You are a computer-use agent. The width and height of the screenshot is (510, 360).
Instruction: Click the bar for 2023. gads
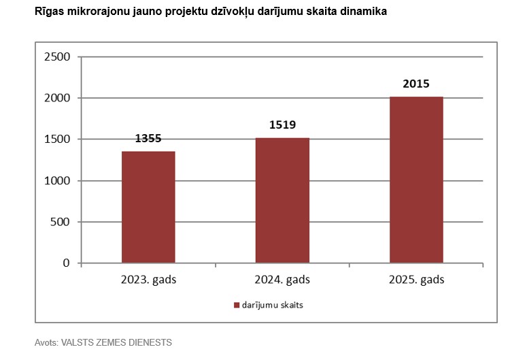(148, 207)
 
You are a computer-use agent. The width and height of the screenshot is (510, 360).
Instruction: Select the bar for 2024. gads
(282, 200)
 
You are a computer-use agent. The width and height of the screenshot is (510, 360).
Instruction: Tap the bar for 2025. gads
(416, 180)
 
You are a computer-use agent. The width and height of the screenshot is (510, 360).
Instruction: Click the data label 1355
(148, 138)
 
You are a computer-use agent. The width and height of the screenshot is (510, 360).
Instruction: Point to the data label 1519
(282, 125)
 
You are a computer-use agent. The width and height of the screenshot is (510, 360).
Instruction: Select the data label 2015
(416, 84)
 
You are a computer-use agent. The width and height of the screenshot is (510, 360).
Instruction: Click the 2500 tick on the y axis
(57, 56)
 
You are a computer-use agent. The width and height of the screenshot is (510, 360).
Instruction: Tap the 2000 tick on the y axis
(57, 98)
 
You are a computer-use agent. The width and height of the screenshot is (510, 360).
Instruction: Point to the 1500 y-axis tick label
(57, 140)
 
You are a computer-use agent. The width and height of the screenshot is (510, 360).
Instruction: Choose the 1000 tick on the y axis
(57, 180)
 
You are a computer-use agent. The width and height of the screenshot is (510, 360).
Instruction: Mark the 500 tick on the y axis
(61, 222)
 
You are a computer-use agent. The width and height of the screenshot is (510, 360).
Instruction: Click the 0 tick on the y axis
(67, 263)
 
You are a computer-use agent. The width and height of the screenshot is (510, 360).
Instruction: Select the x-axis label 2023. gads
(148, 280)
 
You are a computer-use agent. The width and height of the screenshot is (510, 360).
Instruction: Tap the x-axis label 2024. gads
(282, 280)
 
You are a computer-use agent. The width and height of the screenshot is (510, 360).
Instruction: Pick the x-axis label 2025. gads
(416, 280)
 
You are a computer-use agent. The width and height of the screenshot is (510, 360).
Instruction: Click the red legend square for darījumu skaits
(237, 305)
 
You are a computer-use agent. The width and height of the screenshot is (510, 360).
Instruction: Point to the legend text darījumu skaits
(272, 305)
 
